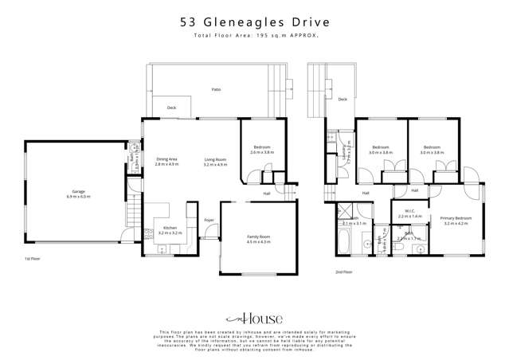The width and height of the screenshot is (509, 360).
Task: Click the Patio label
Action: tap(215, 89)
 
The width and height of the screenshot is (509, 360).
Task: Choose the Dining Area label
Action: tap(166, 159)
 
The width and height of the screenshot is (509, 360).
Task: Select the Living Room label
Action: tap(215, 159)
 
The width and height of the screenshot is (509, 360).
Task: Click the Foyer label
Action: tap(209, 220)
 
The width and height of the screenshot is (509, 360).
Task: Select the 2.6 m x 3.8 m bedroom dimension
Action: tap(261, 153)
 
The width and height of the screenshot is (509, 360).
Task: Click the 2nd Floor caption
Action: tap(344, 272)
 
